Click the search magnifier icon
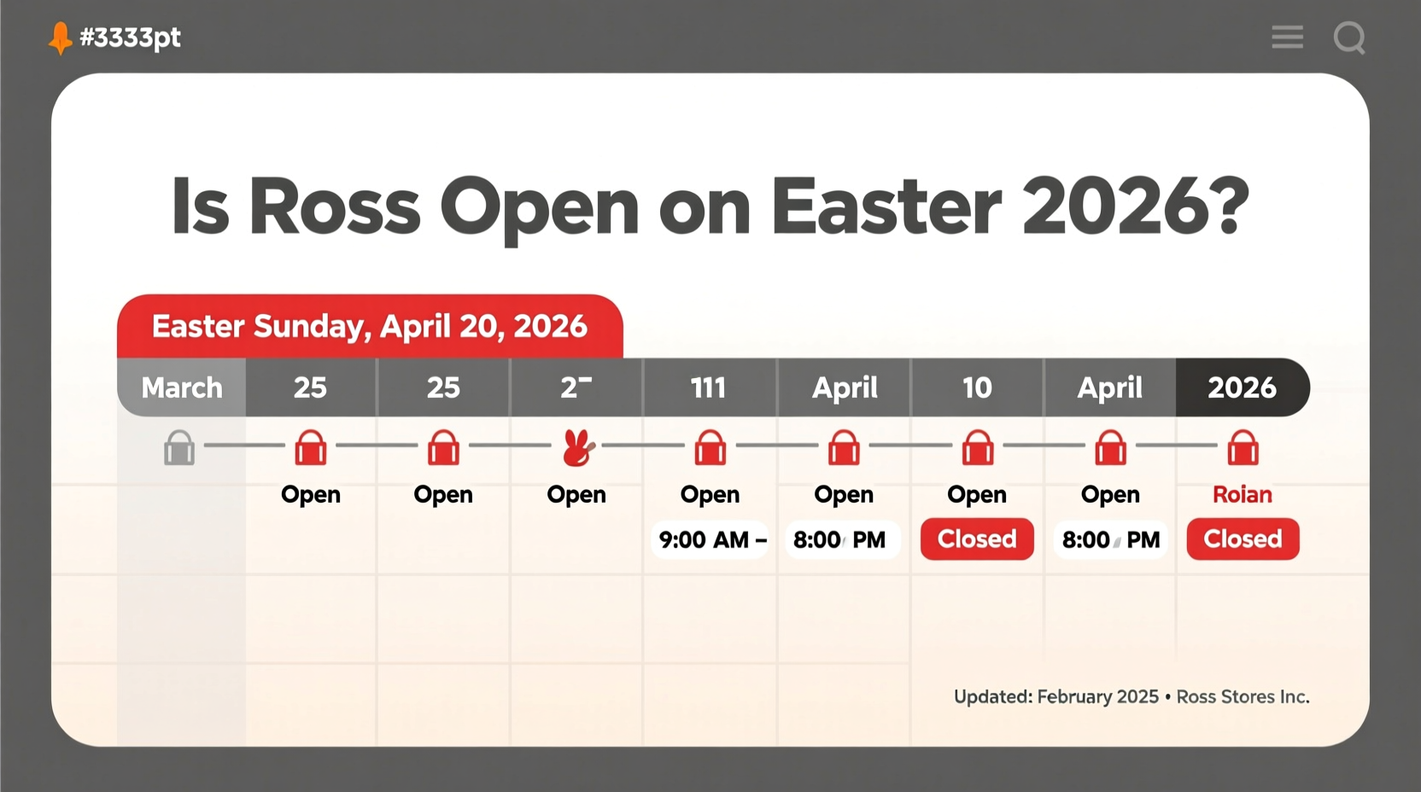coord(1349,38)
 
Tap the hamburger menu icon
coord(1287,37)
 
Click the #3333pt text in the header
coord(130,38)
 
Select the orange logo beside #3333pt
coord(60,38)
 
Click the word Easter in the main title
coord(886,207)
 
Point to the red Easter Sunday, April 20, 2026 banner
coord(370,326)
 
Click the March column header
coord(182,387)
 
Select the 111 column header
coord(709,387)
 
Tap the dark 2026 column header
coord(1242,387)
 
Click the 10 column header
coord(977,387)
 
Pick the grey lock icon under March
coord(179,447)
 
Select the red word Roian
coord(1243,494)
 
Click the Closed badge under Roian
coord(1243,539)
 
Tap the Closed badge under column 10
coord(977,539)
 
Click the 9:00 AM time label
coord(704,539)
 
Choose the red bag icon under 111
coord(710,447)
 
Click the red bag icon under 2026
coord(1243,447)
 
